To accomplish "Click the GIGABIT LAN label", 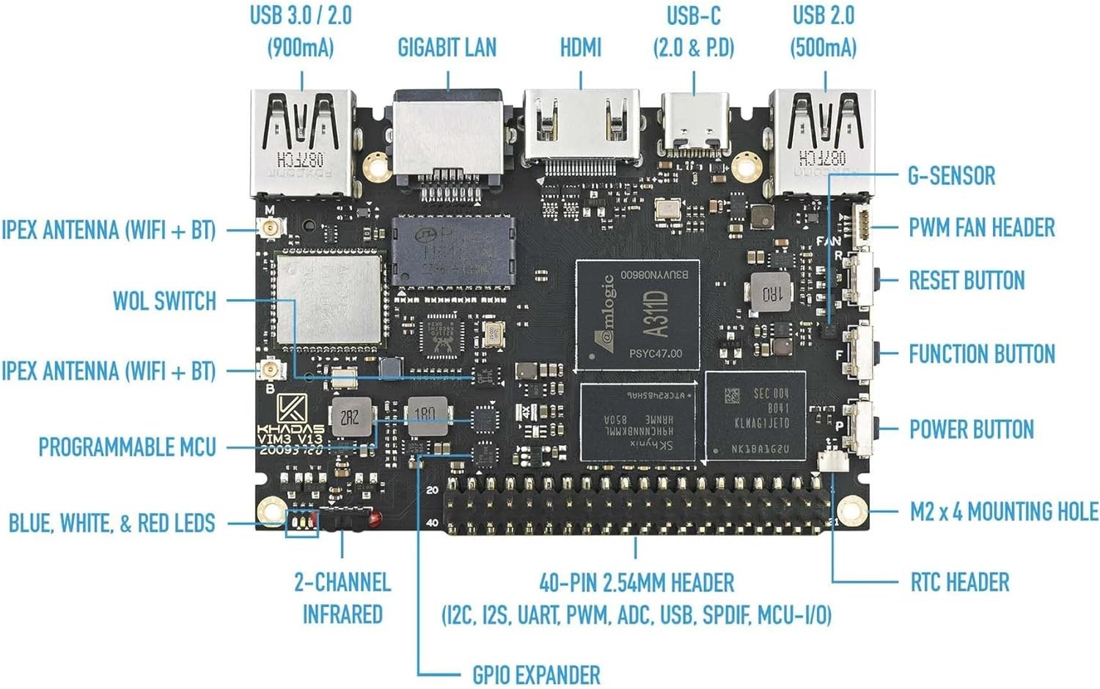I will coord(447,48).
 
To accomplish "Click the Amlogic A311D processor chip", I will coord(637,315).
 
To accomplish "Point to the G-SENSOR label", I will coord(951,176).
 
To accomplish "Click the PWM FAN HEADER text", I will coord(981,228).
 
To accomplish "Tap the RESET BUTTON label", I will coord(966,280).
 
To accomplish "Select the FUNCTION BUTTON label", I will coord(981,354).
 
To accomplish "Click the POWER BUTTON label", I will coord(971,430).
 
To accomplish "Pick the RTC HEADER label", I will coord(959,583).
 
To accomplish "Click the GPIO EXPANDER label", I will coord(535,675).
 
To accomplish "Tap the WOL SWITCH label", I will coord(164,301).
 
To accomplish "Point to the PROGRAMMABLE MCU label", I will coord(127,447).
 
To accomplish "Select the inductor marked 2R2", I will coord(350,417).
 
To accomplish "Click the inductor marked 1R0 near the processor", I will coord(771,293).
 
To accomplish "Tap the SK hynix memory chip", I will coord(637,423).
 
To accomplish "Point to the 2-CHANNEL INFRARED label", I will coord(342,598).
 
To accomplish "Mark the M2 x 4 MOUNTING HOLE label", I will coord(1003,512).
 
